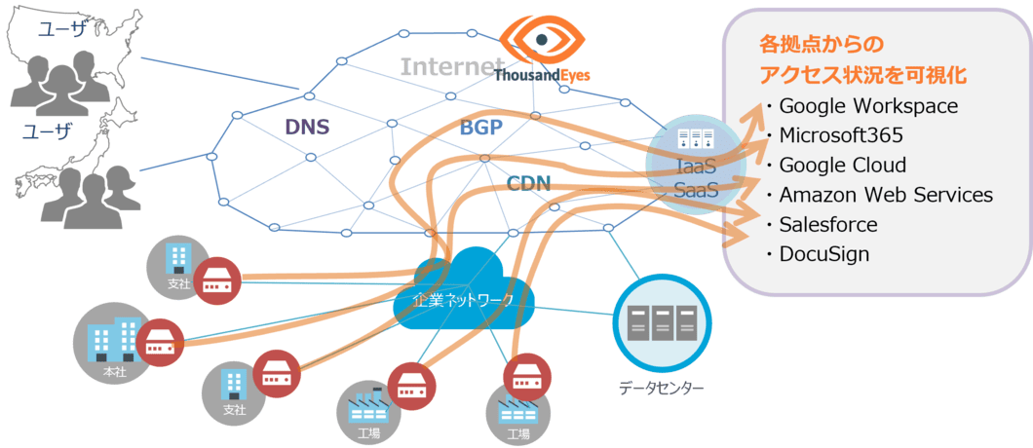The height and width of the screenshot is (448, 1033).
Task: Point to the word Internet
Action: [446, 67]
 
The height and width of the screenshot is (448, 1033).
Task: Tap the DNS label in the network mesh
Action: [306, 127]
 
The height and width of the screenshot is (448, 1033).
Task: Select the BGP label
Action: [480, 129]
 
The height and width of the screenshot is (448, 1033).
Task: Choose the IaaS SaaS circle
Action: [696, 166]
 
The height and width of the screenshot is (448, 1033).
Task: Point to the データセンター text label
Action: [661, 389]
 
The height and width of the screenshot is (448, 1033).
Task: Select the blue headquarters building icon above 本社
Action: [114, 337]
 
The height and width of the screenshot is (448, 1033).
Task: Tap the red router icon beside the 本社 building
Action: [160, 341]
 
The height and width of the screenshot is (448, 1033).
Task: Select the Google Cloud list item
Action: [843, 165]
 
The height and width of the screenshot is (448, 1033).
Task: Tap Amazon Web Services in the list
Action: [885, 195]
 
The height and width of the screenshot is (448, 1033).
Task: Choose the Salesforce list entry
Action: [828, 225]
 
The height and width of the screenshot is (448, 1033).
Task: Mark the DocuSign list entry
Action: [823, 255]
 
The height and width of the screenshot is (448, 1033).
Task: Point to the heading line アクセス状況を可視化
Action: [869, 75]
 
